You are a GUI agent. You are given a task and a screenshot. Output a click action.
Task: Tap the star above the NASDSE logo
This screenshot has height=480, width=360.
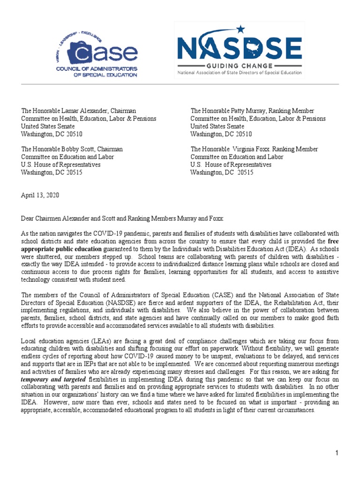(241, 30)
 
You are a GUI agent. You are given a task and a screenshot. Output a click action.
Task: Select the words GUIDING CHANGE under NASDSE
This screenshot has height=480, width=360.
(239, 65)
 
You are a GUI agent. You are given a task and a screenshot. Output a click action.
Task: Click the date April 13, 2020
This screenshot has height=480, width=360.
(40, 195)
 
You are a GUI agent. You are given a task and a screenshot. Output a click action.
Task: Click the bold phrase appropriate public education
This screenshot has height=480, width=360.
(61, 249)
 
